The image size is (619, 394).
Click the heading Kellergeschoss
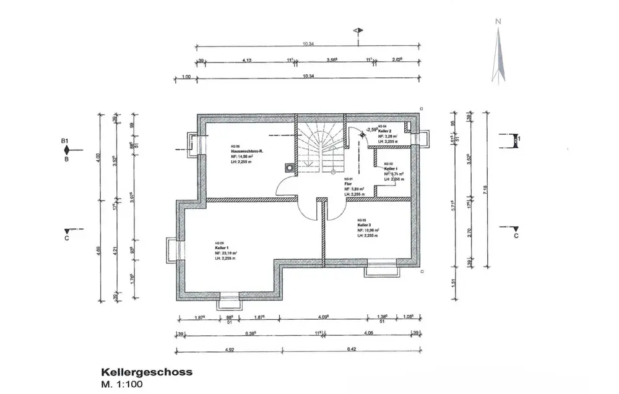(146, 372)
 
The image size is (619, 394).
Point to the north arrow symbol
(497, 53)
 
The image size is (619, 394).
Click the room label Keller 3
(366, 225)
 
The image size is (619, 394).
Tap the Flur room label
(348, 184)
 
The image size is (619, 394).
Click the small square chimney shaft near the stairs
(288, 166)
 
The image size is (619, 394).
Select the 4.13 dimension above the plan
(246, 60)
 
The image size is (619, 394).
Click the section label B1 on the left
(64, 142)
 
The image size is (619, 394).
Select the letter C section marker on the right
(516, 236)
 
